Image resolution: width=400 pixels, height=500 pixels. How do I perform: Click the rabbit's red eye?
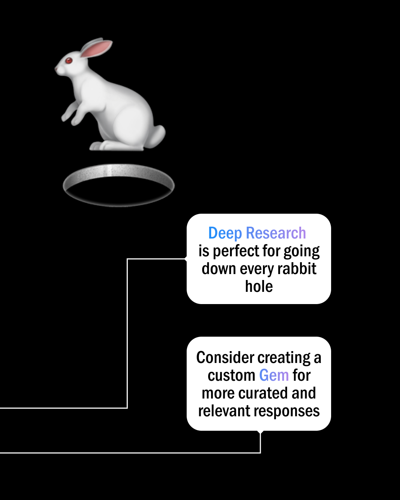(x=69, y=61)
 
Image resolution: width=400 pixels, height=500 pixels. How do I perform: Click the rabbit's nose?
(x=56, y=69)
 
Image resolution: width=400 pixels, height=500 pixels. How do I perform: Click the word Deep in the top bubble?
(x=225, y=233)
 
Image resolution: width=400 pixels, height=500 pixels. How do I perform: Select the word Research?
(x=276, y=233)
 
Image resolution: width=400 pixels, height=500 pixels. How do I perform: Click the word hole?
(x=259, y=286)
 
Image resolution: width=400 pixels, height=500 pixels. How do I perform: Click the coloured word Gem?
(x=274, y=375)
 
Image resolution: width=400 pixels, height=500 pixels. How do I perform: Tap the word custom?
(x=231, y=376)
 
